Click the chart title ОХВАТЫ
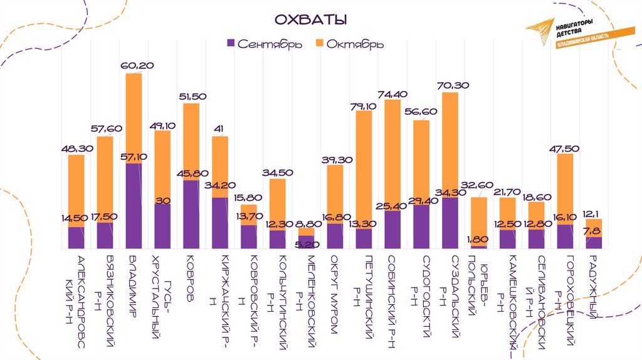point(311,20)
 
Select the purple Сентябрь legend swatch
point(230,44)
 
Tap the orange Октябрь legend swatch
point(318,44)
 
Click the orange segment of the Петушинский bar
point(364,169)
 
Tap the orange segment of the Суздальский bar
point(450,144)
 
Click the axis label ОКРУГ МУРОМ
point(335,295)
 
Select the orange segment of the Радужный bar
point(593,228)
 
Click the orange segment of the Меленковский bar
point(306,231)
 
